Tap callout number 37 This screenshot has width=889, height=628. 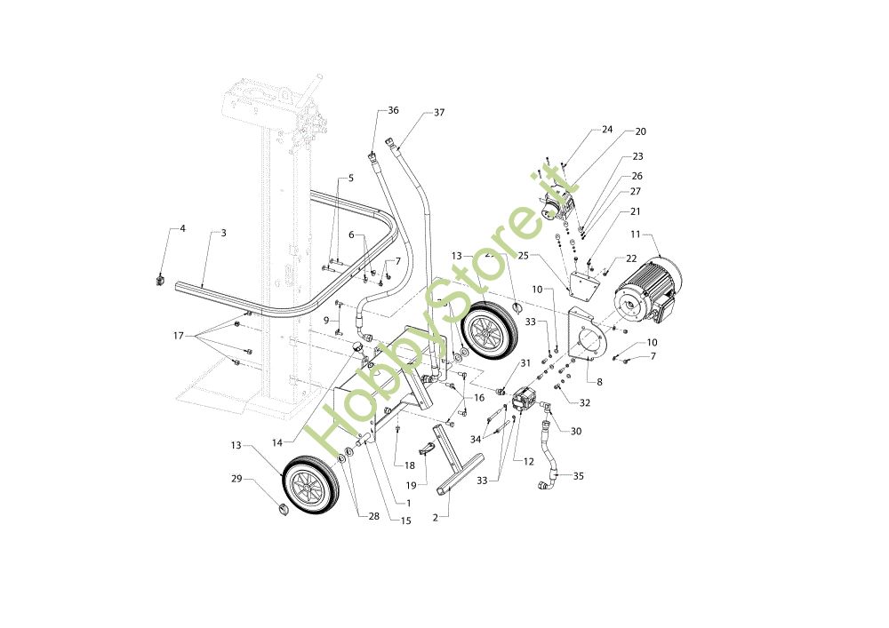(x=439, y=113)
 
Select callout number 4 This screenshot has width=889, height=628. (x=182, y=228)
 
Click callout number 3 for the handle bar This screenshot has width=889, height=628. (x=223, y=233)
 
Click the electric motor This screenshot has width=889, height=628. (x=647, y=289)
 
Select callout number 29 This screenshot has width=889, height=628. (x=236, y=479)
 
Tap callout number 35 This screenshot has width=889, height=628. (x=579, y=476)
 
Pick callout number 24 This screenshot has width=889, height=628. (x=607, y=129)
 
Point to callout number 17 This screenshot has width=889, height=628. (x=179, y=336)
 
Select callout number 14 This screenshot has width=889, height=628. (x=277, y=442)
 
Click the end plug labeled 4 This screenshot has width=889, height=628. (x=160, y=281)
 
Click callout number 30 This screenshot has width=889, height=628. (x=576, y=432)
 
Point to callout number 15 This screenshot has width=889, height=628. (x=405, y=521)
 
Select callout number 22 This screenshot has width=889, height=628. (x=632, y=258)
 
